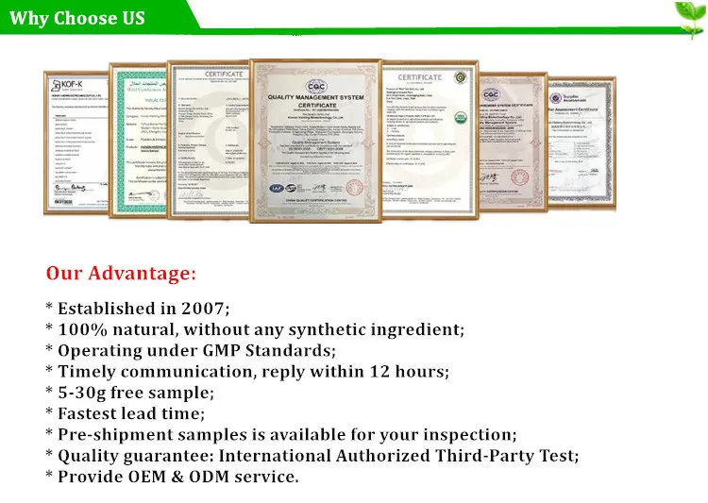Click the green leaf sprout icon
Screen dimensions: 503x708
point(686,15)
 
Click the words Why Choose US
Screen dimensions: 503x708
point(77,18)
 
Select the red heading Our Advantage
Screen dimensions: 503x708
point(122,274)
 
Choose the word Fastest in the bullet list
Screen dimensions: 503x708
point(93,413)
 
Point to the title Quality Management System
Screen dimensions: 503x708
point(314,97)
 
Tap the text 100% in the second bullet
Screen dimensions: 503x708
point(77,329)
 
